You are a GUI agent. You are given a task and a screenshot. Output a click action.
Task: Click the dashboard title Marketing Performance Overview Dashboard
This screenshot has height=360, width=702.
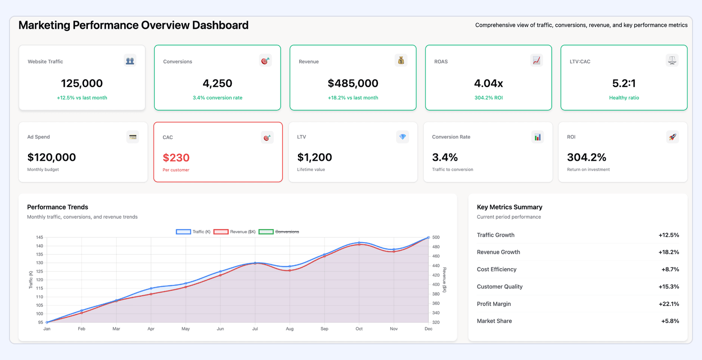[x=133, y=25]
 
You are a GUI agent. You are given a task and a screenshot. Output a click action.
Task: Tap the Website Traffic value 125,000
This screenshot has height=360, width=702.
[x=82, y=83]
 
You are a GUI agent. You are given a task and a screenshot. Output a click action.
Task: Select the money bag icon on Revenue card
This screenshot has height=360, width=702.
[x=400, y=60]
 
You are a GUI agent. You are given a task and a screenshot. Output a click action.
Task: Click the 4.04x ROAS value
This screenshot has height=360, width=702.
[x=488, y=83]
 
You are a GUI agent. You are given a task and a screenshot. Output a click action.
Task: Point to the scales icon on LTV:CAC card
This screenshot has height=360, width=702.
[x=672, y=60]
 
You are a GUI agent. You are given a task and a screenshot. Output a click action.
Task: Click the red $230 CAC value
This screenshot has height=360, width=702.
[x=176, y=157]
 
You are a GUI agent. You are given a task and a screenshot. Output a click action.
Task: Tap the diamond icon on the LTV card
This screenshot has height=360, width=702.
[x=402, y=137]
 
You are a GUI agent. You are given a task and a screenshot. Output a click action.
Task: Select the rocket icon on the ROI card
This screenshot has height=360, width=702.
[x=672, y=137]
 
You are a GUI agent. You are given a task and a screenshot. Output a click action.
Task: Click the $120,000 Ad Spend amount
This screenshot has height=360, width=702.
[x=51, y=157]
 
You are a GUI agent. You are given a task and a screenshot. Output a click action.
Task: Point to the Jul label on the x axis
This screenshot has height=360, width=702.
[x=255, y=329]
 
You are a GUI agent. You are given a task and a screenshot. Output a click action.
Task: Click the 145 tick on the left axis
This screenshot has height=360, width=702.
[x=39, y=237]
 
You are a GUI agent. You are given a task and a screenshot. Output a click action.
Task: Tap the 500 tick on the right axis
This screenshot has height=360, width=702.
[x=436, y=237]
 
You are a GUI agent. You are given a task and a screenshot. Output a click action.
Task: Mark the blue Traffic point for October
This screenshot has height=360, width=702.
[x=359, y=243]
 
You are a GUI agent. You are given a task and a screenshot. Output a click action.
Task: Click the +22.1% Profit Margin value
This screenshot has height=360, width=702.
[x=668, y=304]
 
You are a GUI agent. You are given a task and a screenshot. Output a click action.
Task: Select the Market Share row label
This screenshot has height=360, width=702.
[x=494, y=321]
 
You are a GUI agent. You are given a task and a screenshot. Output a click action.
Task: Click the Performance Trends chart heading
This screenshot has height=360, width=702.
[x=58, y=207]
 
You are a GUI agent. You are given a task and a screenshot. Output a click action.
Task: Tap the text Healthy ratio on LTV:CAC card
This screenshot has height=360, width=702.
[x=624, y=98]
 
